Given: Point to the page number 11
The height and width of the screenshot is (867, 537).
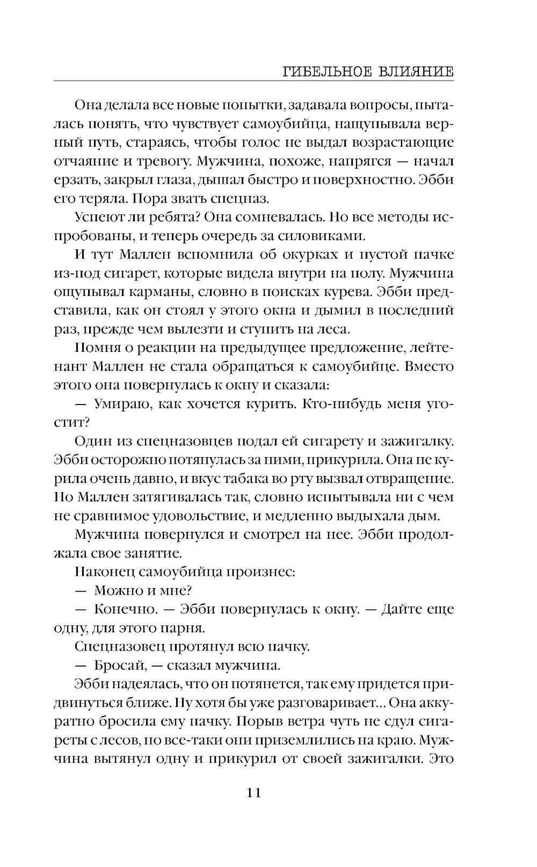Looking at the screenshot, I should tap(253, 792).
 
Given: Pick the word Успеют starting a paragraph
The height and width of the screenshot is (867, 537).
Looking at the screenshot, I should tap(97, 217).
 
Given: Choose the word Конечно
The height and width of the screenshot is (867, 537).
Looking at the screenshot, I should tap(125, 609).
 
